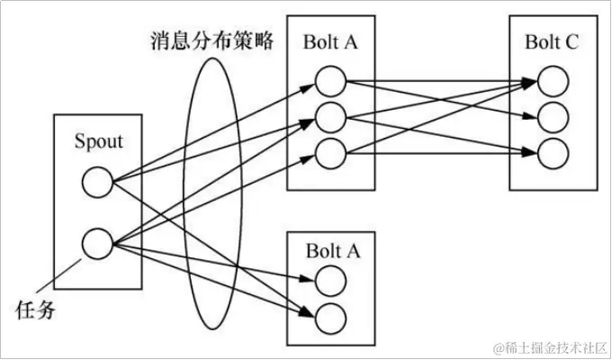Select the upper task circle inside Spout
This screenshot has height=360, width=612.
[96, 184]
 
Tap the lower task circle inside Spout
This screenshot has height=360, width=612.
[96, 242]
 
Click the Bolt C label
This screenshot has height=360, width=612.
[553, 40]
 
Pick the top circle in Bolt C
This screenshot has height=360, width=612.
[553, 83]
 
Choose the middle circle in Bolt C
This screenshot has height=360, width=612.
[553, 117]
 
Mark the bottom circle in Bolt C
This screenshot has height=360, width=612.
[553, 150]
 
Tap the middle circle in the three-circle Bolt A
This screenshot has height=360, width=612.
[330, 117]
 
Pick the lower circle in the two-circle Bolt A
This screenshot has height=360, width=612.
[330, 316]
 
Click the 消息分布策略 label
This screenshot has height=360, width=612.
[212, 41]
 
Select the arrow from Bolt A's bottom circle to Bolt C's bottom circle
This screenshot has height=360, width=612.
[441, 151]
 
